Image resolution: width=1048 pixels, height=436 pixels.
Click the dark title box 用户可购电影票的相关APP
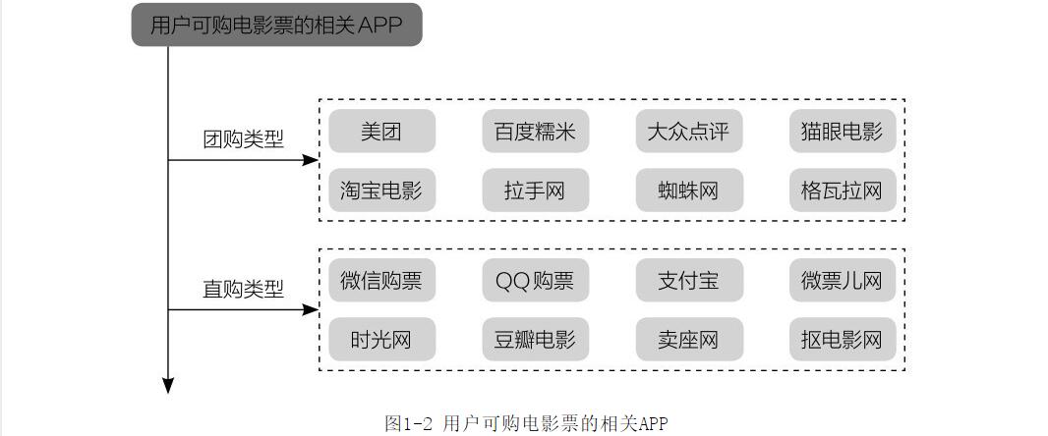tap(276, 26)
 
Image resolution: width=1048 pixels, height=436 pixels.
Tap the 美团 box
tap(381, 132)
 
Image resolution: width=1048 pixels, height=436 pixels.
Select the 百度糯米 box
tap(535, 132)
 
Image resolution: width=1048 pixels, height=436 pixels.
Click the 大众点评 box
tap(688, 132)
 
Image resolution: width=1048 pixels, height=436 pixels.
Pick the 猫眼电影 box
tap(842, 132)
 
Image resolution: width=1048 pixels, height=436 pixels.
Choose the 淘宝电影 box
tap(381, 191)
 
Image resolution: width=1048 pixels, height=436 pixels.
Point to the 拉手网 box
tap(535, 191)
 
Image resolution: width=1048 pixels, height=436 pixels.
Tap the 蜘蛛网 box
tap(688, 191)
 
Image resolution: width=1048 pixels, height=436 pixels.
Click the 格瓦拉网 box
tap(842, 191)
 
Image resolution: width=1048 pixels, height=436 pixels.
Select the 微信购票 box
tap(381, 282)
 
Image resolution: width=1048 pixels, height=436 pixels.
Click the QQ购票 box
tap(535, 282)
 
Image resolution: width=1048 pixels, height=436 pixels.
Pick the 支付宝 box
tap(688, 282)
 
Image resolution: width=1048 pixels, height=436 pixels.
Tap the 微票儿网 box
tap(842, 282)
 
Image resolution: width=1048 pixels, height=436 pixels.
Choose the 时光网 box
tap(381, 340)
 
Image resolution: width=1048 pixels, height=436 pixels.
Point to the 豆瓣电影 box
tap(535, 340)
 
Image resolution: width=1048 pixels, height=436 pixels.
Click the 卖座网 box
tap(688, 340)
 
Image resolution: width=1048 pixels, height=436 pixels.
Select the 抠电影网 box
tap(842, 340)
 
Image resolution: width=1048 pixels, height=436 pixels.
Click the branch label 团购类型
tap(243, 139)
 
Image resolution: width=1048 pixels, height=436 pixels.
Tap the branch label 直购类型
tap(243, 290)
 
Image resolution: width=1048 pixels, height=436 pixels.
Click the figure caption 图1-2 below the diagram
tap(526, 424)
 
